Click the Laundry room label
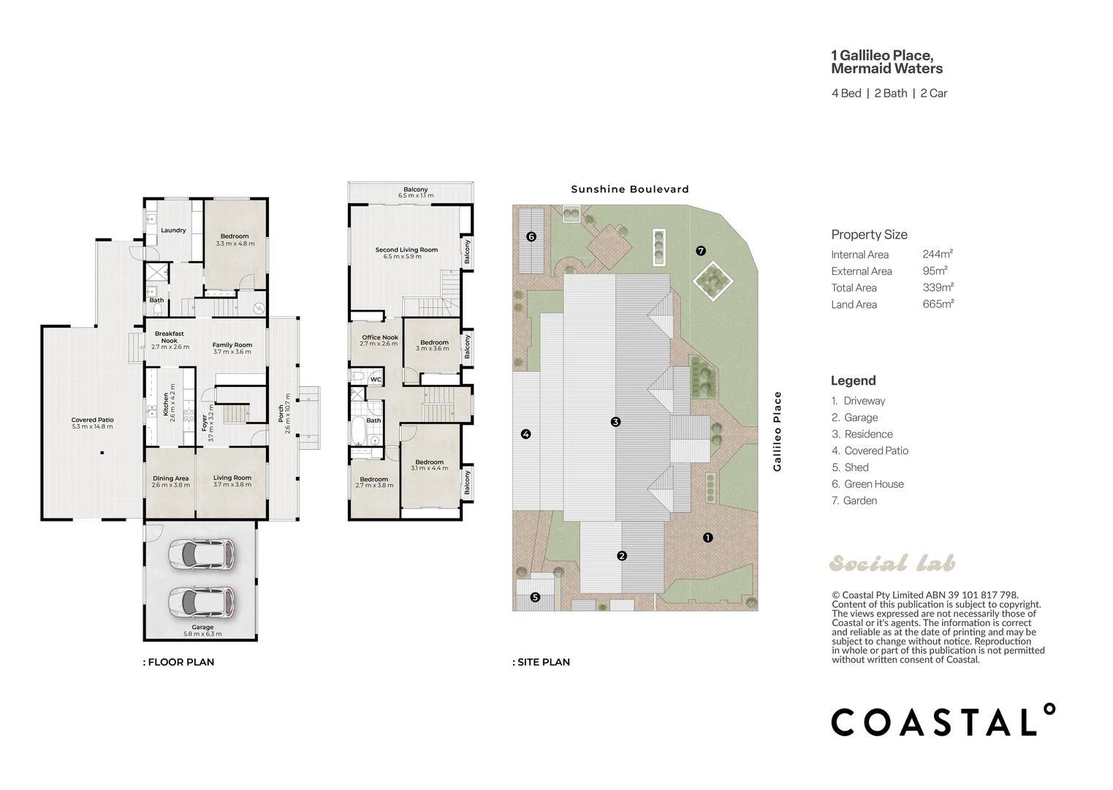pos(173,230)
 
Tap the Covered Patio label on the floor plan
pos(92,420)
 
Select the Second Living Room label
pos(406,249)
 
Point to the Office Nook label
pos(380,337)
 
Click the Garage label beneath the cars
pos(202,628)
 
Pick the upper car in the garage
pos(201,554)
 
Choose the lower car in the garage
pos(201,602)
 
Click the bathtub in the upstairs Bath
pos(357,431)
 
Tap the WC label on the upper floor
pos(376,380)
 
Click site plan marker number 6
pos(531,237)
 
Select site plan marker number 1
pos(708,538)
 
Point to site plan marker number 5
pos(535,597)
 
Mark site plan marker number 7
pos(701,251)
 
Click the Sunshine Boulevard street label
pos(630,189)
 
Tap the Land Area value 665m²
pos(938,304)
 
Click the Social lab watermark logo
pos(892,563)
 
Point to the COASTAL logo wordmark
pos(943,720)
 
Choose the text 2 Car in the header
pos(934,94)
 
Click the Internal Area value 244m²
pos(938,255)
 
